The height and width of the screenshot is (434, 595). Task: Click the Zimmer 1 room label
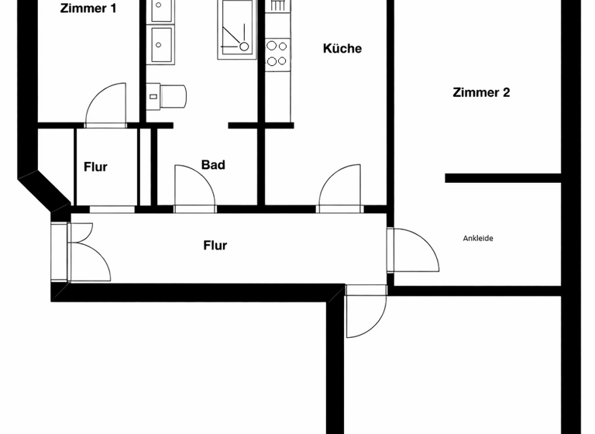(88, 9)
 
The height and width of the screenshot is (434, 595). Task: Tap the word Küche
(342, 49)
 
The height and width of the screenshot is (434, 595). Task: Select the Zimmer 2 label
(481, 93)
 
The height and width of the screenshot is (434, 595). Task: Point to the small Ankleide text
(478, 239)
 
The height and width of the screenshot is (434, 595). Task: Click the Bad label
(213, 165)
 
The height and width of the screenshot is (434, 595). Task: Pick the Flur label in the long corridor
(215, 246)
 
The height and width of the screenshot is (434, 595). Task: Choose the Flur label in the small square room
(95, 167)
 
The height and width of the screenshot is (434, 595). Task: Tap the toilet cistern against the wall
(153, 95)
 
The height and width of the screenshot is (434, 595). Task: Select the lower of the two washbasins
(162, 43)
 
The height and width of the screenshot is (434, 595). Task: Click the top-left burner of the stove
(272, 46)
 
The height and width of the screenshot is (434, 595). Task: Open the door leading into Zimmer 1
(105, 104)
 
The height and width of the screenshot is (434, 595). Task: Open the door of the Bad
(194, 187)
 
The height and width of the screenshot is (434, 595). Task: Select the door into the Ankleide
(414, 250)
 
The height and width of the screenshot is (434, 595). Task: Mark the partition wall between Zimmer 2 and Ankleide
(502, 178)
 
